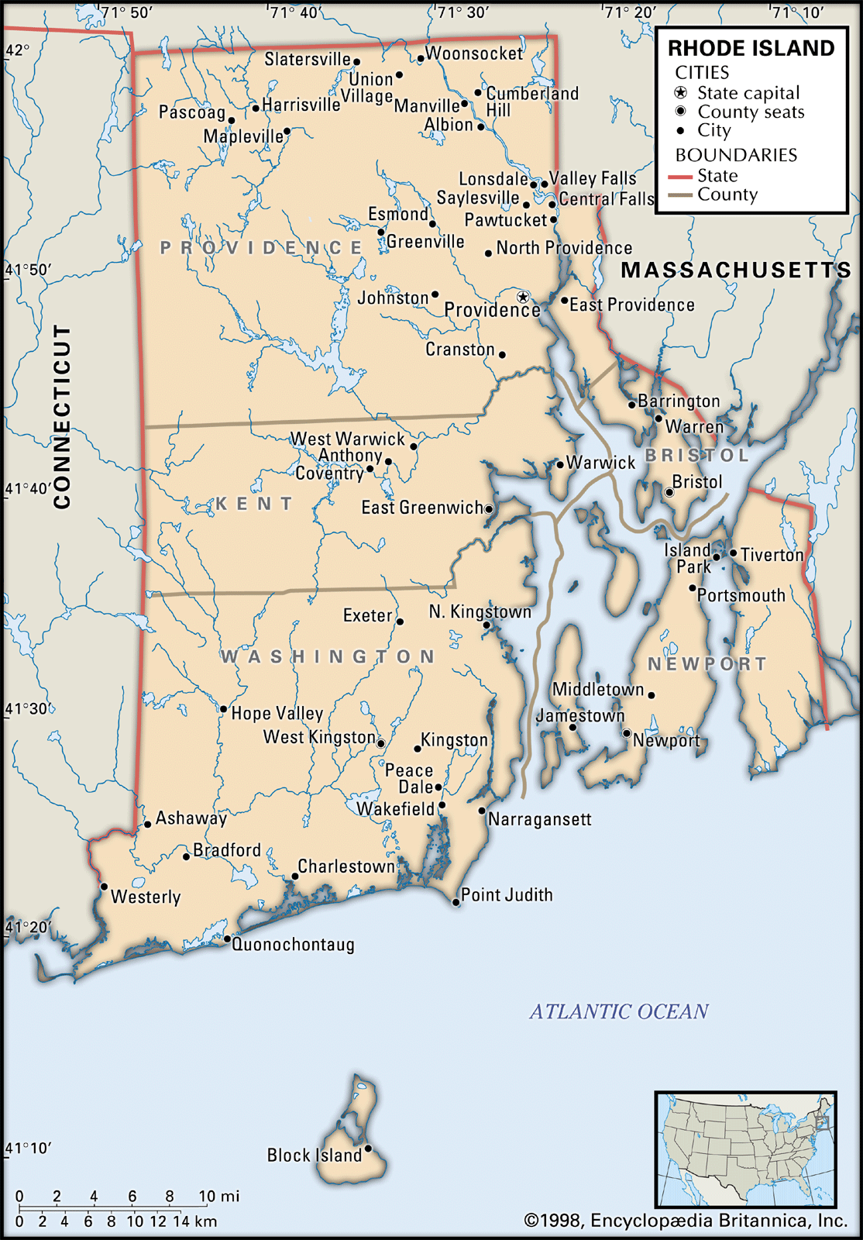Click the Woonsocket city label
(474, 53)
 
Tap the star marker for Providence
(523, 297)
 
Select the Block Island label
(314, 1156)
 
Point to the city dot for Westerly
(104, 887)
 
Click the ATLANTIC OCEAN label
(619, 1011)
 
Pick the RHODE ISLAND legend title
(751, 48)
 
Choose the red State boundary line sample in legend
(679, 177)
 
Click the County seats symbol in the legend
(681, 112)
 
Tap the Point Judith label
(507, 895)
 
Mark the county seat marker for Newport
(626, 732)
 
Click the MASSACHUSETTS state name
(735, 270)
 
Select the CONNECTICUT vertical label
(62, 416)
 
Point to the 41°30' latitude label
(26, 709)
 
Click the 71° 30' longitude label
(462, 12)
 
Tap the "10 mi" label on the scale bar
(218, 1196)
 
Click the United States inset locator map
(745, 1150)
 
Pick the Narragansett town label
(539, 819)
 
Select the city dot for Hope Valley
(223, 709)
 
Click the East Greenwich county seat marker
(489, 509)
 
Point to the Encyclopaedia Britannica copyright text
(686, 1221)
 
